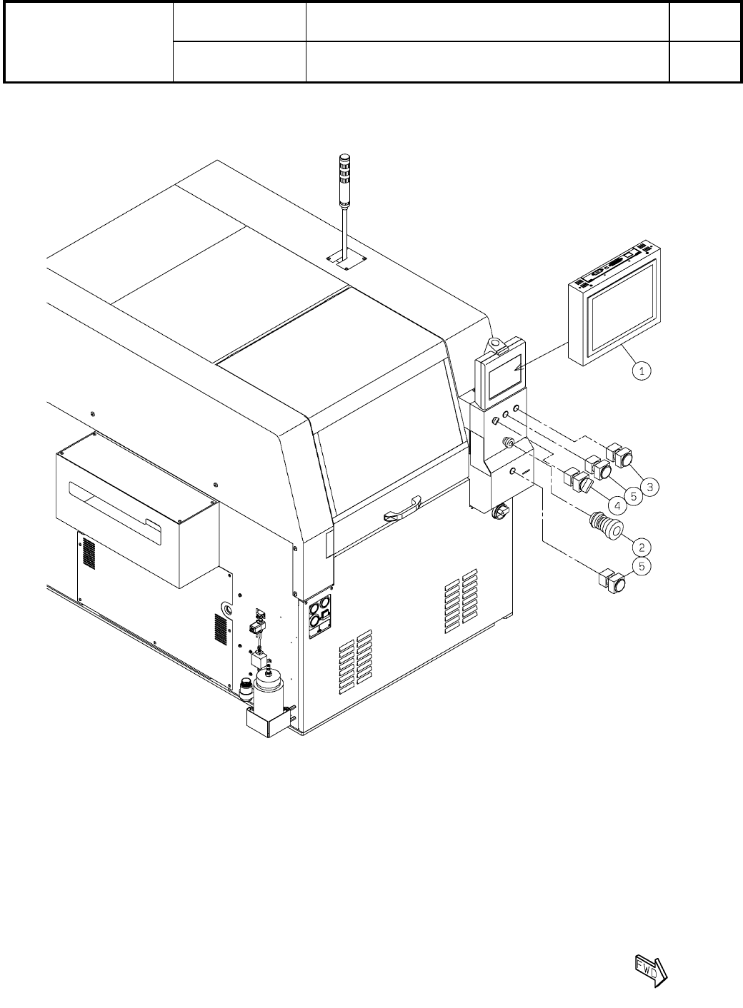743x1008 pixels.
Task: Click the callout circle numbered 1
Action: (x=642, y=371)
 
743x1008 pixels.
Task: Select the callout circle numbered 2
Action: (x=642, y=548)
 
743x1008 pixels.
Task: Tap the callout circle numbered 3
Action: (x=650, y=486)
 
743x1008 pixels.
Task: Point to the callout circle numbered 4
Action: (x=617, y=506)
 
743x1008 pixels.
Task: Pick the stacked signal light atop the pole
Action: (x=344, y=181)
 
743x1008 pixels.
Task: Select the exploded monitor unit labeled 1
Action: (x=614, y=303)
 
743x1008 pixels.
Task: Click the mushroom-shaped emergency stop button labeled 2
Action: (x=606, y=526)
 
